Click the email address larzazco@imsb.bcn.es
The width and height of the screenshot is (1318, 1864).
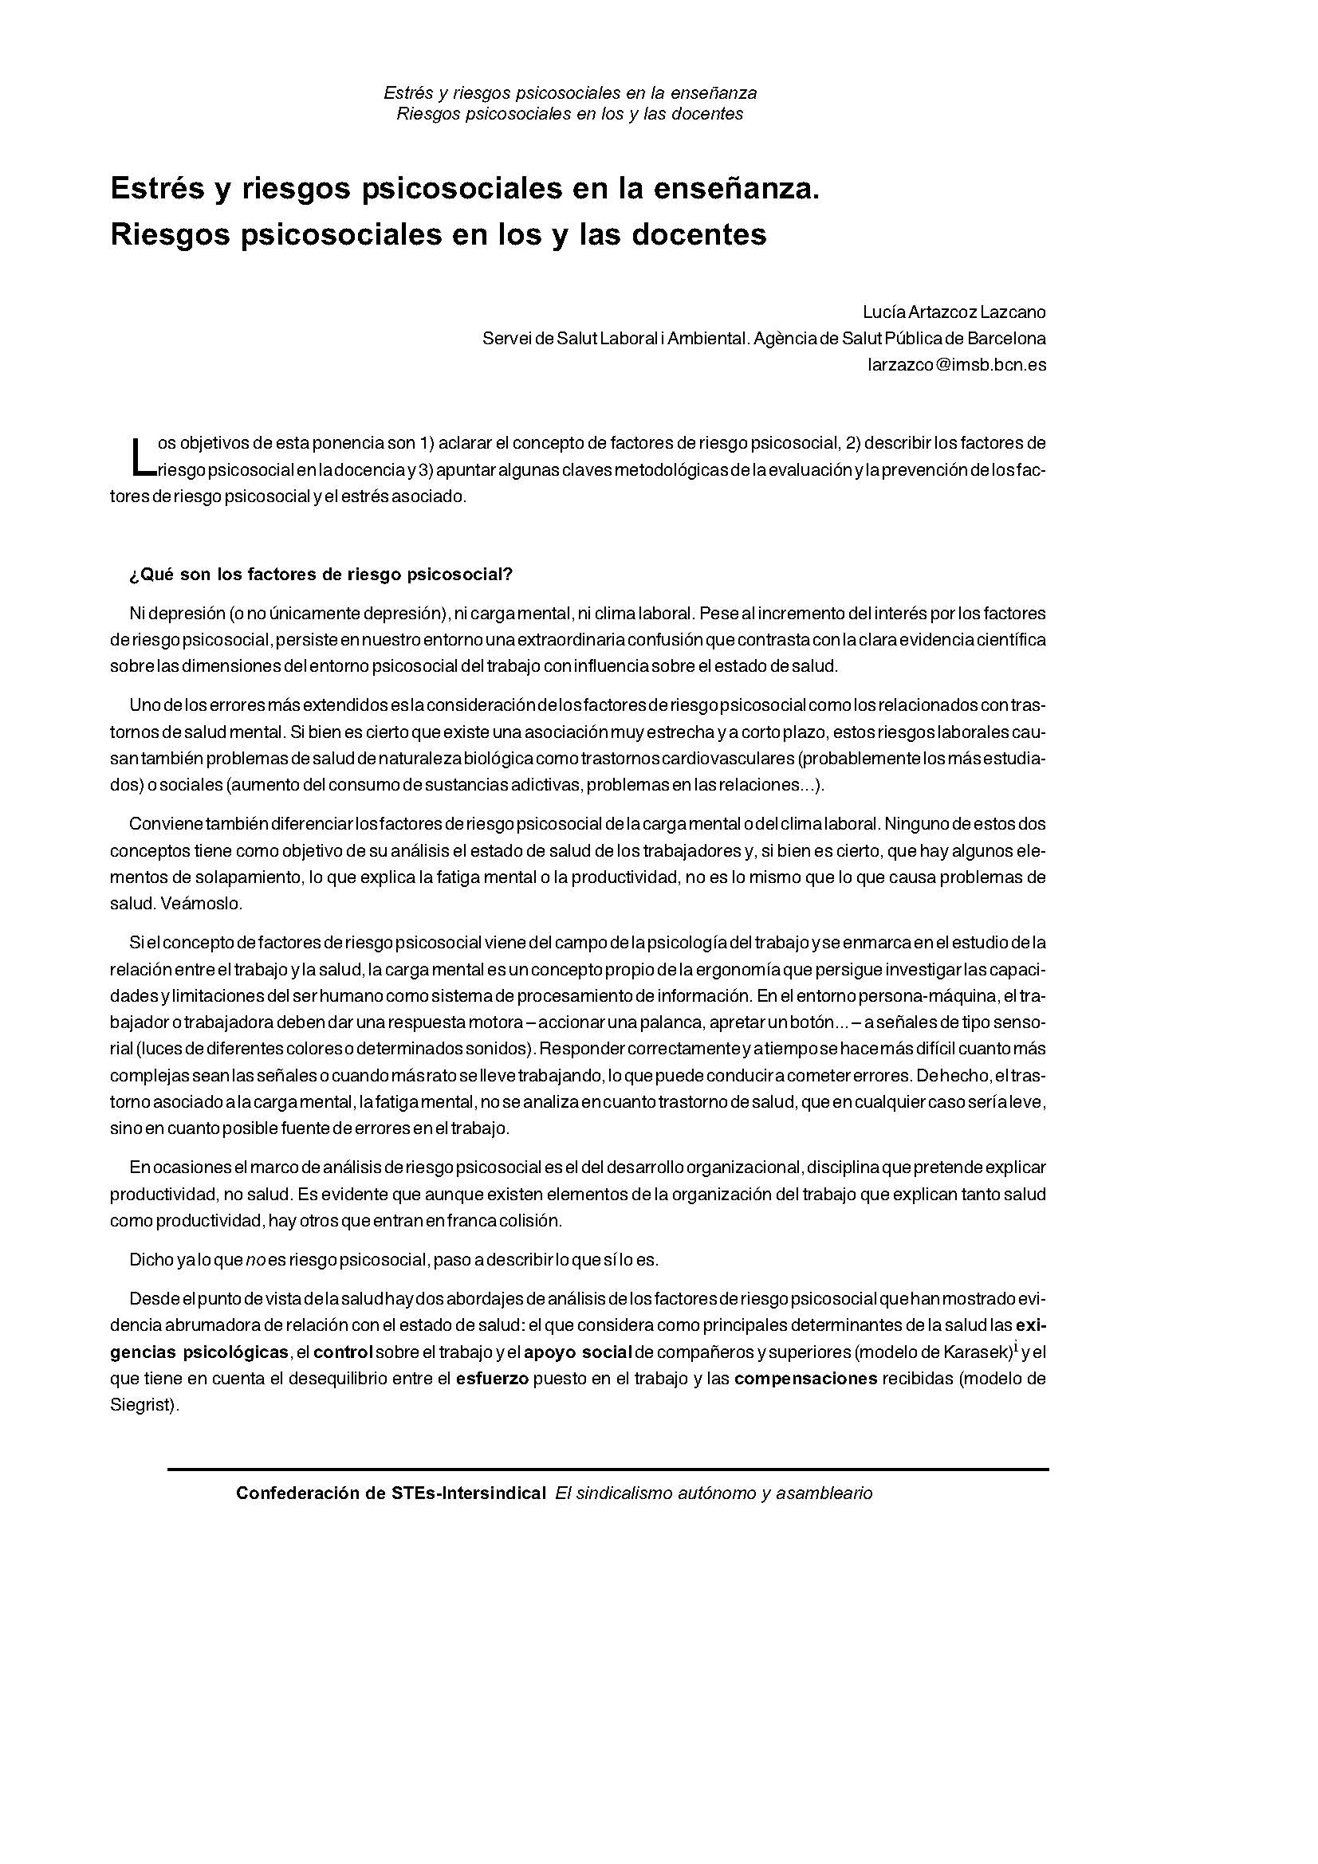(x=957, y=365)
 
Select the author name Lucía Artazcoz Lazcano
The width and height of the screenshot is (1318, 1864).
(x=954, y=312)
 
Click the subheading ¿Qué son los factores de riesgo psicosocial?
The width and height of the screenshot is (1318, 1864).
(x=321, y=575)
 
